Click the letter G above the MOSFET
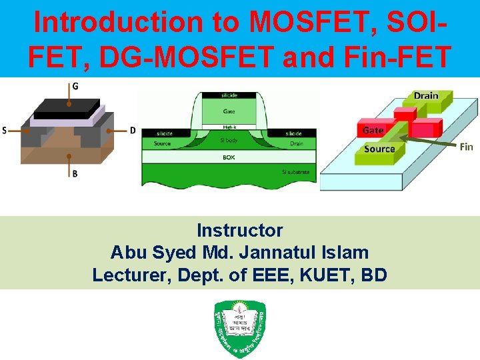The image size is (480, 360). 74,86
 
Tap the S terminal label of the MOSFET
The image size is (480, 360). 5,131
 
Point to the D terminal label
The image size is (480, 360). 133,131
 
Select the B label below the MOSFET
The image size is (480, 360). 75,174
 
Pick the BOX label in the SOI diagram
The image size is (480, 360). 229,158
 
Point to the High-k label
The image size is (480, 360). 229,127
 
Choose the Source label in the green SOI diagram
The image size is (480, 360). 161,143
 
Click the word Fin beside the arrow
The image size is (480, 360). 466,147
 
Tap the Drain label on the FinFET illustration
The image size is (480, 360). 426,96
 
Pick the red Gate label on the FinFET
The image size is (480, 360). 373,131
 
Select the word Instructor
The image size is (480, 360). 240,231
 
